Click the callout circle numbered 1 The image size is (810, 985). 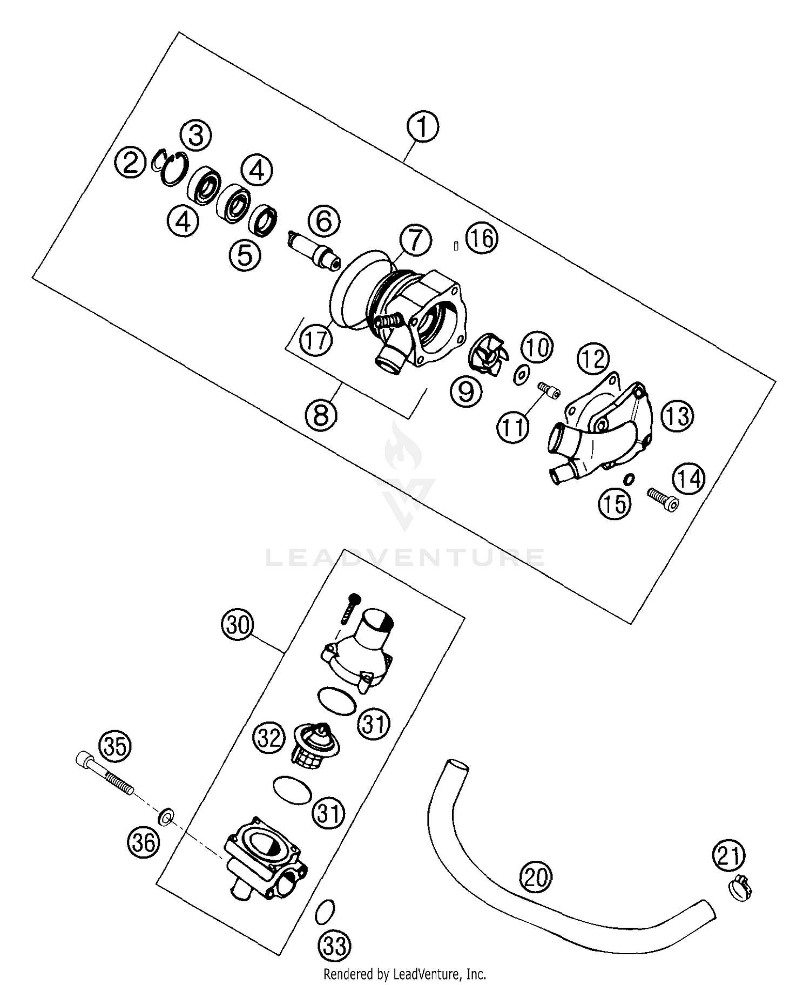click(x=423, y=127)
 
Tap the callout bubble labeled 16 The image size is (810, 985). click(x=482, y=238)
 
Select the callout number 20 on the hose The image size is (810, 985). click(x=536, y=878)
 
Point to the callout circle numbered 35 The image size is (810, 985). click(x=115, y=747)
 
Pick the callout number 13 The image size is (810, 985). click(x=678, y=416)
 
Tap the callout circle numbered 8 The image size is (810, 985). click(x=321, y=415)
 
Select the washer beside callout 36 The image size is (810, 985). click(x=166, y=817)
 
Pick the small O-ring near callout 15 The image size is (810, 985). click(x=629, y=479)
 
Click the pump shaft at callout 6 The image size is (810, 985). click(x=314, y=249)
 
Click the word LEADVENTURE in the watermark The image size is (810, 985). click(x=405, y=558)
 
